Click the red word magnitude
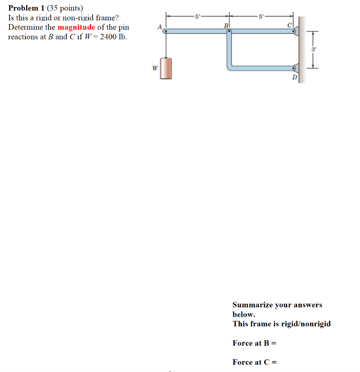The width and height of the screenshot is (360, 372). point(76,27)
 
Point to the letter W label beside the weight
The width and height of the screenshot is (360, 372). point(155,68)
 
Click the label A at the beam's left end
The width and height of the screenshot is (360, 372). point(159,26)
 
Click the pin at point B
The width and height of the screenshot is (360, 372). point(229,32)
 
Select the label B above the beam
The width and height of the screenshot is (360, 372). point(226,26)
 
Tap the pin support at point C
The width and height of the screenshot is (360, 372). point(294,32)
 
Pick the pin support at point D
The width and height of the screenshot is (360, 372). point(294,68)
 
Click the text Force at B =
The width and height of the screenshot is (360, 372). point(254,343)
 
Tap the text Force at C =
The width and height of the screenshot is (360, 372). point(254,362)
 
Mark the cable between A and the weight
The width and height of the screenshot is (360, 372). point(166,45)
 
